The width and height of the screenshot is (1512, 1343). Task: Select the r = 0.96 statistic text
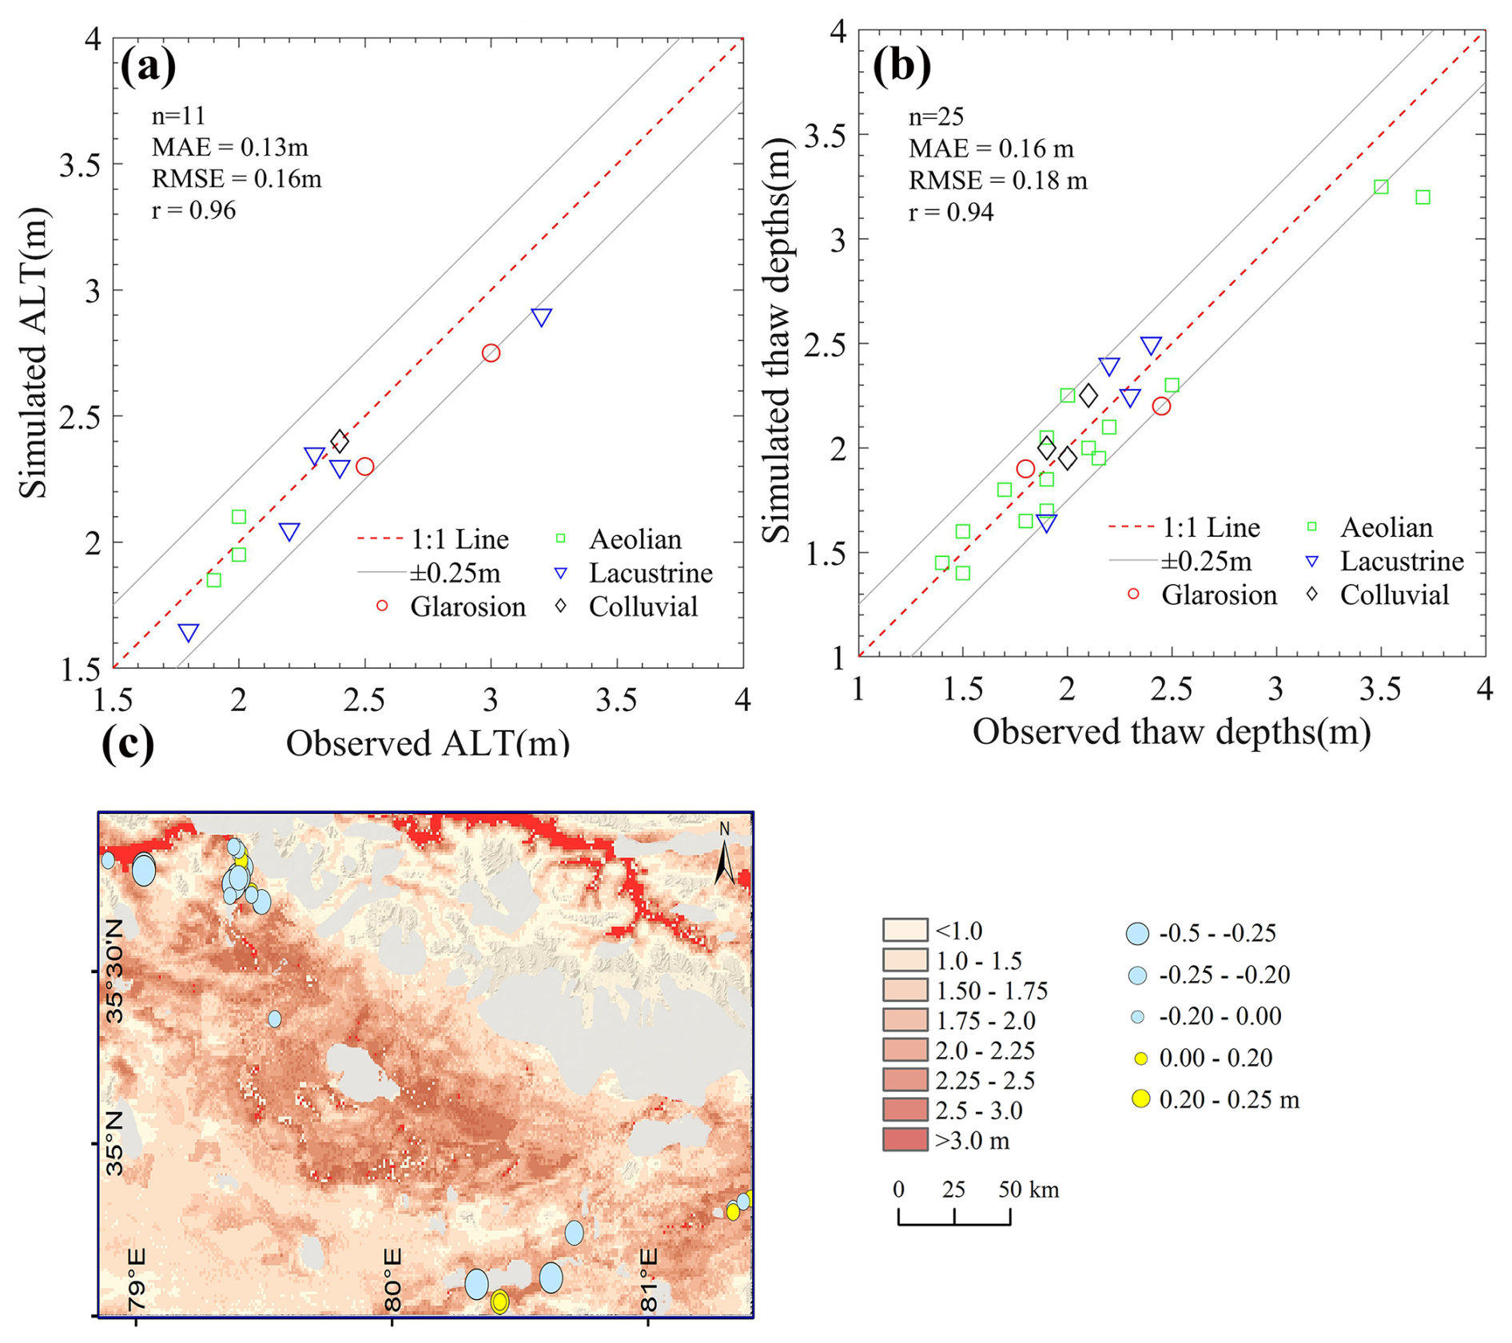193,210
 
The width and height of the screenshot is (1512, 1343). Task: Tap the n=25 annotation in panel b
936,117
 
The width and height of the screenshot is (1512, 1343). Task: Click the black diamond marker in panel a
340,440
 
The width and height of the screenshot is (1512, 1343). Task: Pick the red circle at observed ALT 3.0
491,353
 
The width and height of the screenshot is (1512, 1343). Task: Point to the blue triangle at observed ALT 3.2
541,318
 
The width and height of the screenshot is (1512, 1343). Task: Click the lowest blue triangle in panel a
188,633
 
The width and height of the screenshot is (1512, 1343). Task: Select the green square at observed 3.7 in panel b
1422,197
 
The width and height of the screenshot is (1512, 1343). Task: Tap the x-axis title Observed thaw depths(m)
1171,732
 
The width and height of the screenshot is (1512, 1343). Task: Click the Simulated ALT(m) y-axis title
34,352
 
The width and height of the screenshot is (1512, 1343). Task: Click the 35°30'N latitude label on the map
115,971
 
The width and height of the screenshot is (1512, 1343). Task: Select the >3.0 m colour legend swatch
905,1140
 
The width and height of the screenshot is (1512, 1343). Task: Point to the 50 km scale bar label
1028,1190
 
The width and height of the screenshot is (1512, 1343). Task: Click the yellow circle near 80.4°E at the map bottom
499,1301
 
